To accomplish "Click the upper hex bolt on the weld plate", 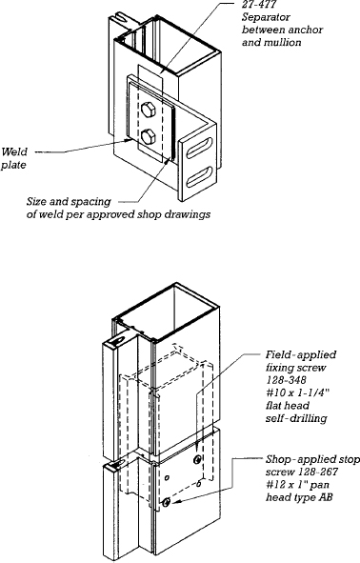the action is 148,110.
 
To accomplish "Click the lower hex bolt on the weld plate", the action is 148,137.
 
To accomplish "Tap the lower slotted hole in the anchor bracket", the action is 200,176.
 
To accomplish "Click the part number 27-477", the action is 258,5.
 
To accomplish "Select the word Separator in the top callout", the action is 266,17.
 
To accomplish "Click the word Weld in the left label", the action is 13,151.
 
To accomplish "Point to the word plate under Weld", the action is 13,165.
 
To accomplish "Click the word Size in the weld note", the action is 37,201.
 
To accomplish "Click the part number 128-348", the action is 286,380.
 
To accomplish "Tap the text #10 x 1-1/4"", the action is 297,392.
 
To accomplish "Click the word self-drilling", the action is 296,418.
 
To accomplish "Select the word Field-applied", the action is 301,355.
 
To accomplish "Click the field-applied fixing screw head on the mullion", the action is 197,459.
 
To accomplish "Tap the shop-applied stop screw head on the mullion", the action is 166,503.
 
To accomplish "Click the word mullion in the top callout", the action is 283,42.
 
